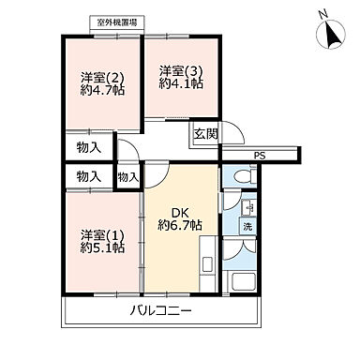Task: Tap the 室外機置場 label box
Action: (x=117, y=22)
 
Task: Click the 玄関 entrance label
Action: (x=205, y=135)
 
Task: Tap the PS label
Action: (x=258, y=157)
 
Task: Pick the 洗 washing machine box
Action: (x=247, y=228)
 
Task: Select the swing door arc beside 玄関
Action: (x=232, y=135)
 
